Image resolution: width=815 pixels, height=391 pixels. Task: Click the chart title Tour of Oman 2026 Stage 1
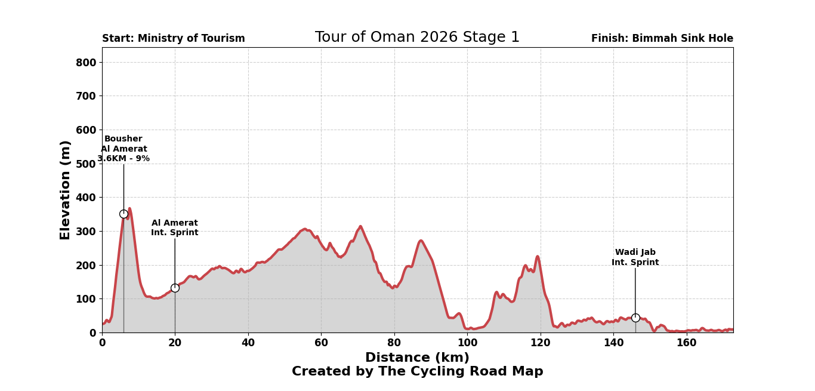417,38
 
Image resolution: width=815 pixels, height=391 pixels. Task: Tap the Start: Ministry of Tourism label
174,39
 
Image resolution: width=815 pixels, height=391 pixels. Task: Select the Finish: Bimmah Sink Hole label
662,39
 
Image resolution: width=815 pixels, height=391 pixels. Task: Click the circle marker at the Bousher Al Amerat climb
124,214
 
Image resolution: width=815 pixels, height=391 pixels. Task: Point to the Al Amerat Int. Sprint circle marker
175,288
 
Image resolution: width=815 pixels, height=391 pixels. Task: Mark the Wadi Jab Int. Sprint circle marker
635,318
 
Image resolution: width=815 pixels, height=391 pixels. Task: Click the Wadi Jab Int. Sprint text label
635,257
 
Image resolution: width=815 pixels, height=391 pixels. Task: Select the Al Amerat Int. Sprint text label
175,227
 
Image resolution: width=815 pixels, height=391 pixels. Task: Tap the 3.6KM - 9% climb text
124,159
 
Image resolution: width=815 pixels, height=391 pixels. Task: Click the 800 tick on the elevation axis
89,63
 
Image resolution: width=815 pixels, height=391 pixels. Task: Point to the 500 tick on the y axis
89,164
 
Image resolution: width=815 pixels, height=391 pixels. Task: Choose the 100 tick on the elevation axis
89,299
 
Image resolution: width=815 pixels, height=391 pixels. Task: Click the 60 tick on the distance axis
321,343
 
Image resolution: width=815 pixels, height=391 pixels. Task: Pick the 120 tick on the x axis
541,343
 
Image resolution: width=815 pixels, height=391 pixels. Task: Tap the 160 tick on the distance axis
687,343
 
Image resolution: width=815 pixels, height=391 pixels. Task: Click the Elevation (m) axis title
66,190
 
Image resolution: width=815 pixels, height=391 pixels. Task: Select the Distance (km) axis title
417,358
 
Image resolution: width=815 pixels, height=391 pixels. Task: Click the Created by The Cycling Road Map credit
417,372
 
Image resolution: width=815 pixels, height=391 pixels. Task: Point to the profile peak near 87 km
421,241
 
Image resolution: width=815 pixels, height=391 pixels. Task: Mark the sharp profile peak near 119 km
538,257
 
